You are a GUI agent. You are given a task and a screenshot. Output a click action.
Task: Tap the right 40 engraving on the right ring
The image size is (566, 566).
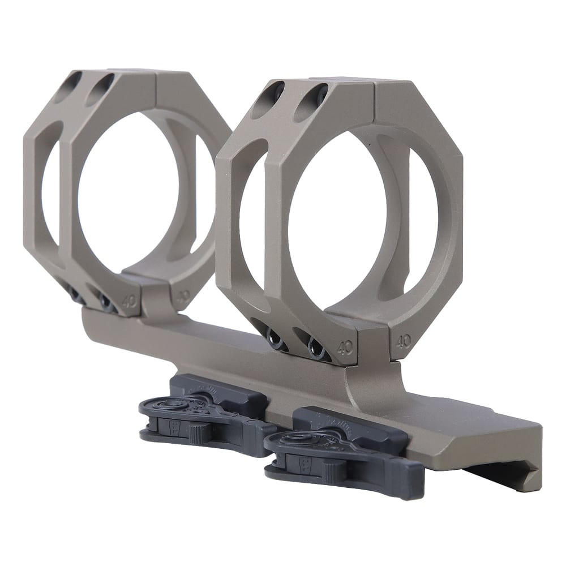pos(403,341)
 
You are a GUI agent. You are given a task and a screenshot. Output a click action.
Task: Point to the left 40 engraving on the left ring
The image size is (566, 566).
pos(129,300)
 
